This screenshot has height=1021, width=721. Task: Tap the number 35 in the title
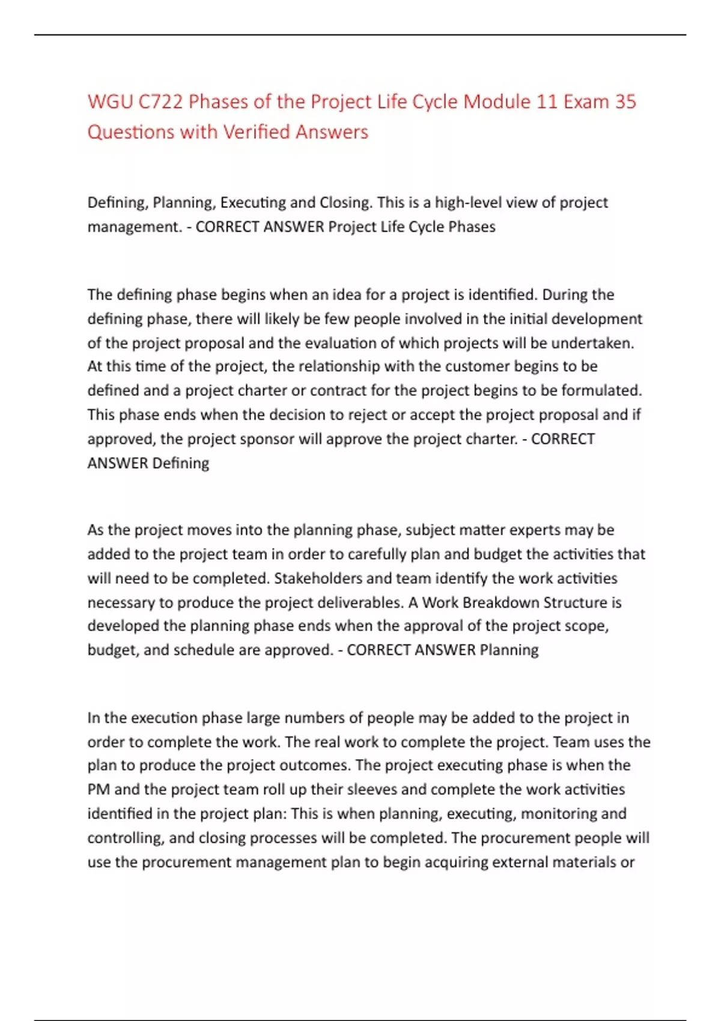pyautogui.click(x=625, y=101)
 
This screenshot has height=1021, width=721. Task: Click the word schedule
pyautogui.click(x=204, y=650)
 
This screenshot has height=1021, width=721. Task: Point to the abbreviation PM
pyautogui.click(x=99, y=789)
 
